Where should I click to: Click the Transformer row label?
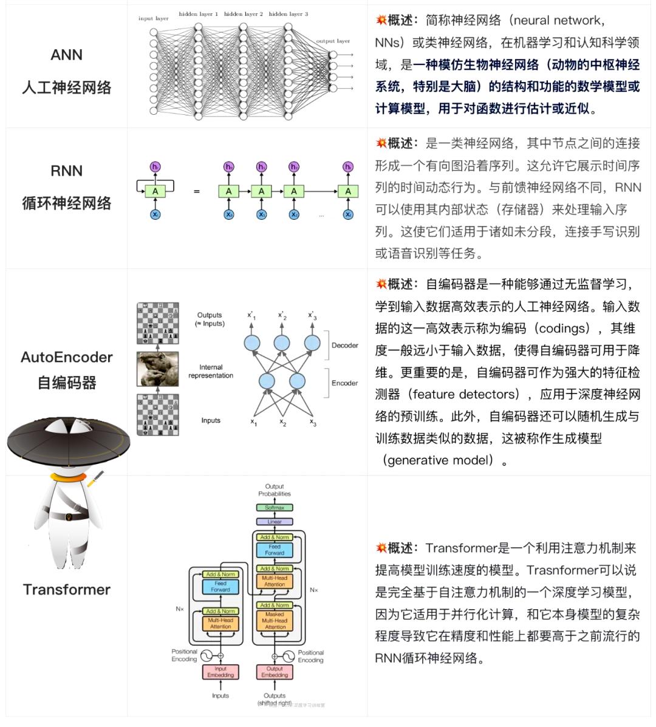click(66, 589)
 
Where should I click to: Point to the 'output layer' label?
click(333, 41)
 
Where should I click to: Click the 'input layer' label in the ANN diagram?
click(153, 19)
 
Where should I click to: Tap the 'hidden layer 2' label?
click(243, 13)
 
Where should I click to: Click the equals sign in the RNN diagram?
click(196, 191)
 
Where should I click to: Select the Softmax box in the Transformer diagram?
click(275, 508)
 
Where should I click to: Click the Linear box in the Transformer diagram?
click(275, 522)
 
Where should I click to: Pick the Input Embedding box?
click(220, 672)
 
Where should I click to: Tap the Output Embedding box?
click(275, 672)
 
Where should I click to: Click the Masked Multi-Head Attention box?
click(275, 620)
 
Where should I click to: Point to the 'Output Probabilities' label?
click(275, 490)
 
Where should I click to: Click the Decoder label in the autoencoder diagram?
click(344, 346)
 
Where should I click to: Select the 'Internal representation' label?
click(211, 371)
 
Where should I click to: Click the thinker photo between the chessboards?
click(157, 369)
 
